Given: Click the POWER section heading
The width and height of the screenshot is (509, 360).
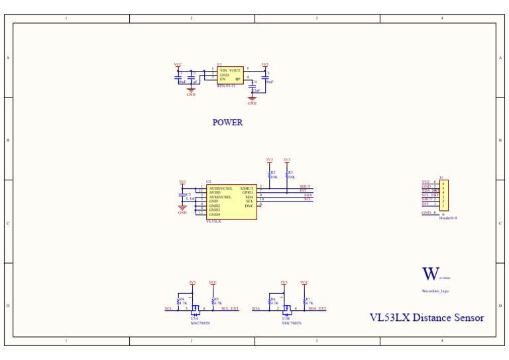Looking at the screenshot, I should (227, 123).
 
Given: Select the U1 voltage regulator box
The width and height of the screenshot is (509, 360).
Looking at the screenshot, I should (230, 75).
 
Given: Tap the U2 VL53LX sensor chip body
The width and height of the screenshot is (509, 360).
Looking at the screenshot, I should (231, 202).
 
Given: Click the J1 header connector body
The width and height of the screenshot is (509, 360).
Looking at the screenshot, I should (443, 196).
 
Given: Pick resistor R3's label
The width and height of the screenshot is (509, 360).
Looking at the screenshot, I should (290, 172).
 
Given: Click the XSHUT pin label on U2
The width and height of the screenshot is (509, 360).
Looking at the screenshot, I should (247, 188).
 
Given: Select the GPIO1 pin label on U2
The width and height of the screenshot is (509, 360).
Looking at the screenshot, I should (248, 192).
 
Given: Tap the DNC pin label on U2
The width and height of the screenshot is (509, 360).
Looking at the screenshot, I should (249, 206).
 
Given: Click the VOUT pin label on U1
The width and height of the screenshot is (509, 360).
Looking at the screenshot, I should (235, 70).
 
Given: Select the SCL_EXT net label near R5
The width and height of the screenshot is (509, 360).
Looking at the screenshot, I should (230, 309).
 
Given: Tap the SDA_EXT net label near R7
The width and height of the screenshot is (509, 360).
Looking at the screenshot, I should (317, 309).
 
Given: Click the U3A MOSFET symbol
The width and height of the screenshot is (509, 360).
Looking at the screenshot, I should (195, 309).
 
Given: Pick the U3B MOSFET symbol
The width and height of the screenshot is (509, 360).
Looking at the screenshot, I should (286, 309).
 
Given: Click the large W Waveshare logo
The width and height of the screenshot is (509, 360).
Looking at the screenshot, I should (431, 274).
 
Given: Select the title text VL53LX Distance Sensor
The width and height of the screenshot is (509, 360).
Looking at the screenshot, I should (426, 318).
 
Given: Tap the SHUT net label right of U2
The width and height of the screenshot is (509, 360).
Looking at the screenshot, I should (305, 187).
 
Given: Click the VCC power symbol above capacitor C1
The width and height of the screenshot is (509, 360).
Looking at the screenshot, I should (178, 65).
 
